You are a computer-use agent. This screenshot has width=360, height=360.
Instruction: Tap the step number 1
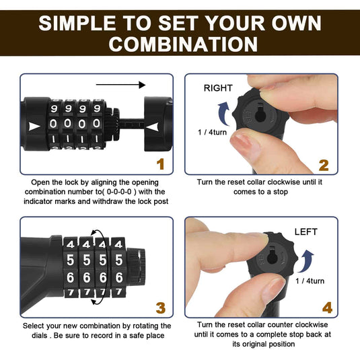click(159, 164)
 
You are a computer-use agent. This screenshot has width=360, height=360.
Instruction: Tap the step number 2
click(323, 165)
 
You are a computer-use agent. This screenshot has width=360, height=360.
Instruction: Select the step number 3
click(159, 308)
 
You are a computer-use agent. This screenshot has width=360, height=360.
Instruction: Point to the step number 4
click(326, 308)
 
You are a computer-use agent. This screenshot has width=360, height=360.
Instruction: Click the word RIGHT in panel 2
click(217, 87)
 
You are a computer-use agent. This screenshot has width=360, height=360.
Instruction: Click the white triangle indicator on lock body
click(34, 127)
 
